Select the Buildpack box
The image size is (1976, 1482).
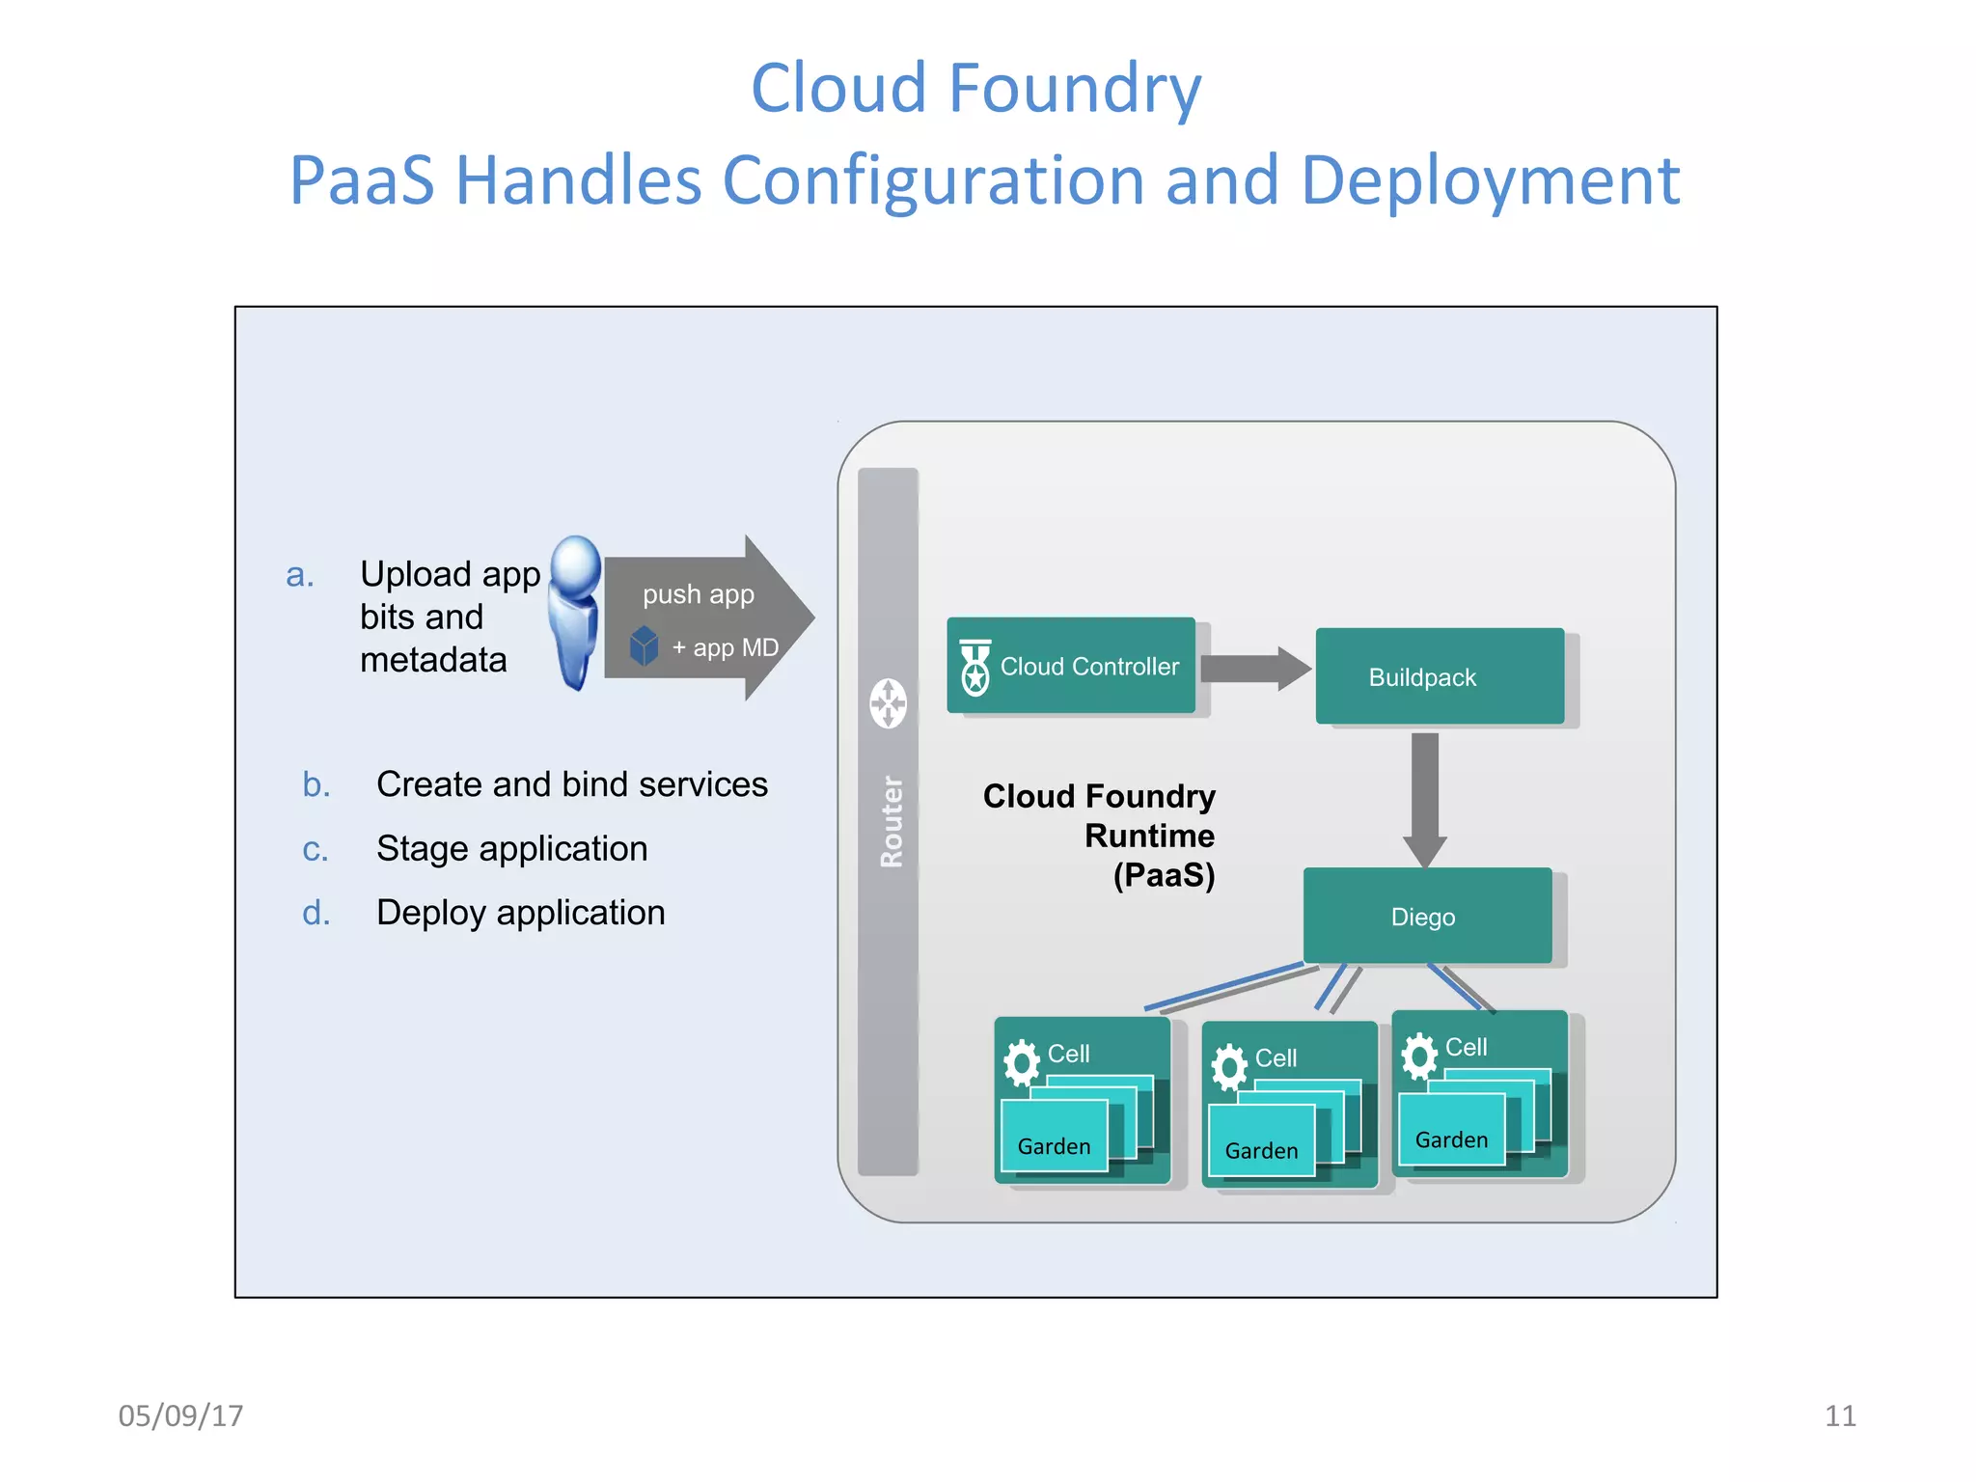point(1439,676)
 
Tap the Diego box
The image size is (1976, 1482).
point(1426,916)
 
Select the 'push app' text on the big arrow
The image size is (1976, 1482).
point(699,594)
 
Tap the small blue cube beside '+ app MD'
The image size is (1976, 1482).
point(644,646)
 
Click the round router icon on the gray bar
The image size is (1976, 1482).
point(888,703)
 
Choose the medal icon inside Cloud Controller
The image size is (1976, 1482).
point(975,667)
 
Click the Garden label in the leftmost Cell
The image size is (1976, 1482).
point(1054,1146)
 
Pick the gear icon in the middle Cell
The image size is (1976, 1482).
point(1228,1067)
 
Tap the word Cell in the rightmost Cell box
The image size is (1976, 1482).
point(1466,1047)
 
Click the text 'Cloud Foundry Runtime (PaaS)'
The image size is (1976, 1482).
point(1119,836)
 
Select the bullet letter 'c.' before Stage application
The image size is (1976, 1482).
point(316,850)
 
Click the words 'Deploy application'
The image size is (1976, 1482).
point(520,913)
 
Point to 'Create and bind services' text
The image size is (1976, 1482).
point(572,784)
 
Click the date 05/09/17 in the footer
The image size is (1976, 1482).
point(180,1415)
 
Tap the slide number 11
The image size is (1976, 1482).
point(1839,1415)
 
